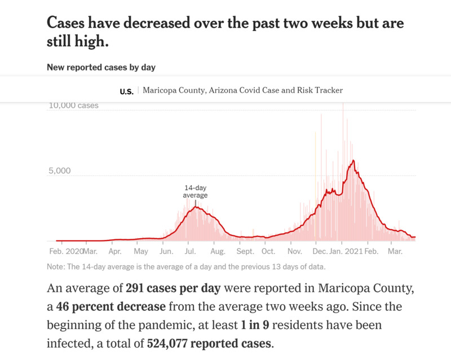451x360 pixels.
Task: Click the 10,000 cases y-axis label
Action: [x=73, y=106]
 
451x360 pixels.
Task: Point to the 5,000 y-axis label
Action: [x=59, y=171]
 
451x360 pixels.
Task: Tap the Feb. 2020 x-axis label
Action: [x=65, y=251]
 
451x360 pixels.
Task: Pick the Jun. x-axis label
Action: [x=166, y=251]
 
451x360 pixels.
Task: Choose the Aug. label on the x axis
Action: [x=217, y=251]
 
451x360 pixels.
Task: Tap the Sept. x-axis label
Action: [x=246, y=251]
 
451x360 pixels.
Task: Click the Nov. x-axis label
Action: [x=294, y=251]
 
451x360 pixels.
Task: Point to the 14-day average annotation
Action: [x=196, y=191]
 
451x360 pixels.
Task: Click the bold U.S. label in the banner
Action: [x=126, y=91]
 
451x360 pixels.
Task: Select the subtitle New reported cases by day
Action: [x=101, y=68]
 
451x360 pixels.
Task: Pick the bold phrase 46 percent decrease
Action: [x=110, y=308]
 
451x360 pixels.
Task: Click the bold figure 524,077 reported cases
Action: [x=209, y=344]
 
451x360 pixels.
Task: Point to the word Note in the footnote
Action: [x=56, y=267]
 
